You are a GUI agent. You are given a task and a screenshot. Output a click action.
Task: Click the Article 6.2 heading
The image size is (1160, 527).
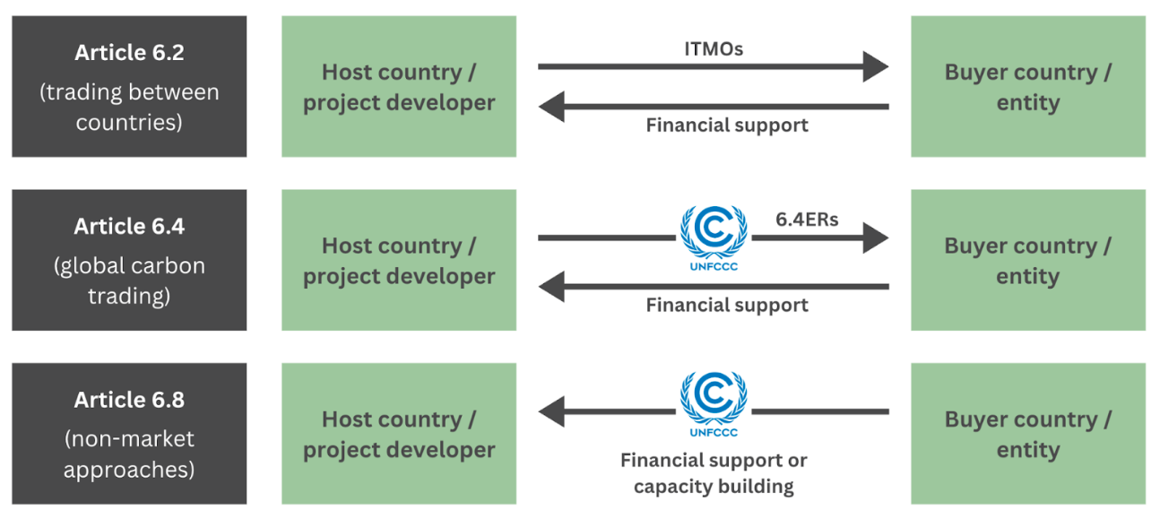129,53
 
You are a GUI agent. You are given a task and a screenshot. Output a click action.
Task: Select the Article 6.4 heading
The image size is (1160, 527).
129,227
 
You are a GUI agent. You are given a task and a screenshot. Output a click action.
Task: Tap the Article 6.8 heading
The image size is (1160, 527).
129,400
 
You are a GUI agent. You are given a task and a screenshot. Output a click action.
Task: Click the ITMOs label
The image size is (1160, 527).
713,49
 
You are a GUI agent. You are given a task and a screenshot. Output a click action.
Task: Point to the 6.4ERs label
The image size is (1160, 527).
807,219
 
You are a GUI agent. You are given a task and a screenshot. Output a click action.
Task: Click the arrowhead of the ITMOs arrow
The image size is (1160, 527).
875,66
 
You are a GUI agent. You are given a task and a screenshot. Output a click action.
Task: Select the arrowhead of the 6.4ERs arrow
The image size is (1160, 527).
875,238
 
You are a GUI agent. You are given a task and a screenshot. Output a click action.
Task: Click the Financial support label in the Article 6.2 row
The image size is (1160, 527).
727,125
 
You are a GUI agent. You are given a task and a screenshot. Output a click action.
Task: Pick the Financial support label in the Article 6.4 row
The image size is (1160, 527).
727,306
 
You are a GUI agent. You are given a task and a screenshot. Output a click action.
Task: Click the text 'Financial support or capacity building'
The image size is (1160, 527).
714,473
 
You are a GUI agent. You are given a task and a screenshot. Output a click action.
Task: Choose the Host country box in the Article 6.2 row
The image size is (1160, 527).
399,87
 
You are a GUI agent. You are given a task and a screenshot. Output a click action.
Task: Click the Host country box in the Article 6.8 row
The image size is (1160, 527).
399,434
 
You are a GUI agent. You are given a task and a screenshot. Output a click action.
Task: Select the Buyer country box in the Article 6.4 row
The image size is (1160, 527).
1028,260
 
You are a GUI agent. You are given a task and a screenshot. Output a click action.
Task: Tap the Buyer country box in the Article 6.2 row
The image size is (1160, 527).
1028,87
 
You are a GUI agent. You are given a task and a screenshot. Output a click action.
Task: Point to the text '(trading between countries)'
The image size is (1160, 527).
129,107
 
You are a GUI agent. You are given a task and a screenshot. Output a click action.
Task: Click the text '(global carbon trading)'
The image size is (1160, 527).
129,281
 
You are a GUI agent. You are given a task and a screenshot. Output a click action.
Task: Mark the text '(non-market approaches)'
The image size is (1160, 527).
129,454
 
